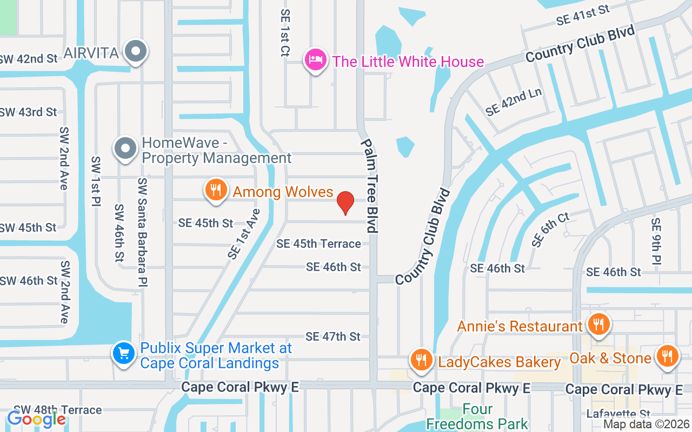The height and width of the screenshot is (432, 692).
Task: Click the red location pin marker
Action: (345, 202)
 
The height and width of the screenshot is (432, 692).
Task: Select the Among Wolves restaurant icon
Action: (216, 190)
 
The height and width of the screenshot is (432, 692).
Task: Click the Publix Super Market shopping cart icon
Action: (124, 354)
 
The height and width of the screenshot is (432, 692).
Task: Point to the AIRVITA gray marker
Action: (136, 52)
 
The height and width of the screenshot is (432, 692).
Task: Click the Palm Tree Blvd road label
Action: (370, 186)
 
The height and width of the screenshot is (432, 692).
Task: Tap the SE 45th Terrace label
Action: (318, 244)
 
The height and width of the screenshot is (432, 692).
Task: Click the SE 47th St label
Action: (332, 336)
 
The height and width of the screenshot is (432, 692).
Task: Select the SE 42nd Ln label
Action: (514, 102)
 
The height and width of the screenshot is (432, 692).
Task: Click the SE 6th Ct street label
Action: (550, 230)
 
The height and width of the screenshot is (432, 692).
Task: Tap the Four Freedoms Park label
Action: (477, 416)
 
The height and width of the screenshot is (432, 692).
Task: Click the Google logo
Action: (36, 418)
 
